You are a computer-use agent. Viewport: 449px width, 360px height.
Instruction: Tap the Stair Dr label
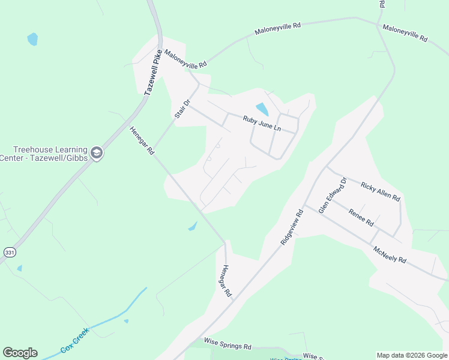[182, 109]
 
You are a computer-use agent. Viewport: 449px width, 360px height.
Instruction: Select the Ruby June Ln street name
[262, 123]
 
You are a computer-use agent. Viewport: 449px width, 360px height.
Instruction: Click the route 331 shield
[9, 253]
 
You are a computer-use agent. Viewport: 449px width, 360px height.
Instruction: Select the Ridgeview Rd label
[292, 226]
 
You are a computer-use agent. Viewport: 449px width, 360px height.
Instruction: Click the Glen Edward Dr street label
[333, 195]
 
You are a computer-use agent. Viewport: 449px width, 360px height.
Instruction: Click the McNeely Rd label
[390, 254]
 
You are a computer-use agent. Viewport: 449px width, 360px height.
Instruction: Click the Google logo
[20, 353]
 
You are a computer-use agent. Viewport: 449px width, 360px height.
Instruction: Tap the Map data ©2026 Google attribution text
[411, 355]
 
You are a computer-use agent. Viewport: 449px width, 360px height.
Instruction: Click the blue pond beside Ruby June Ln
[262, 109]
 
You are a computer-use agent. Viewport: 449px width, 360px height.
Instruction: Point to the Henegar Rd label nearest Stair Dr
[142, 142]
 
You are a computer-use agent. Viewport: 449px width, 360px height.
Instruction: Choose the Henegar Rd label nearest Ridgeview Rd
[225, 281]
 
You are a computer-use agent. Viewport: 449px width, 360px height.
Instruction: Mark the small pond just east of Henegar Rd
[193, 226]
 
